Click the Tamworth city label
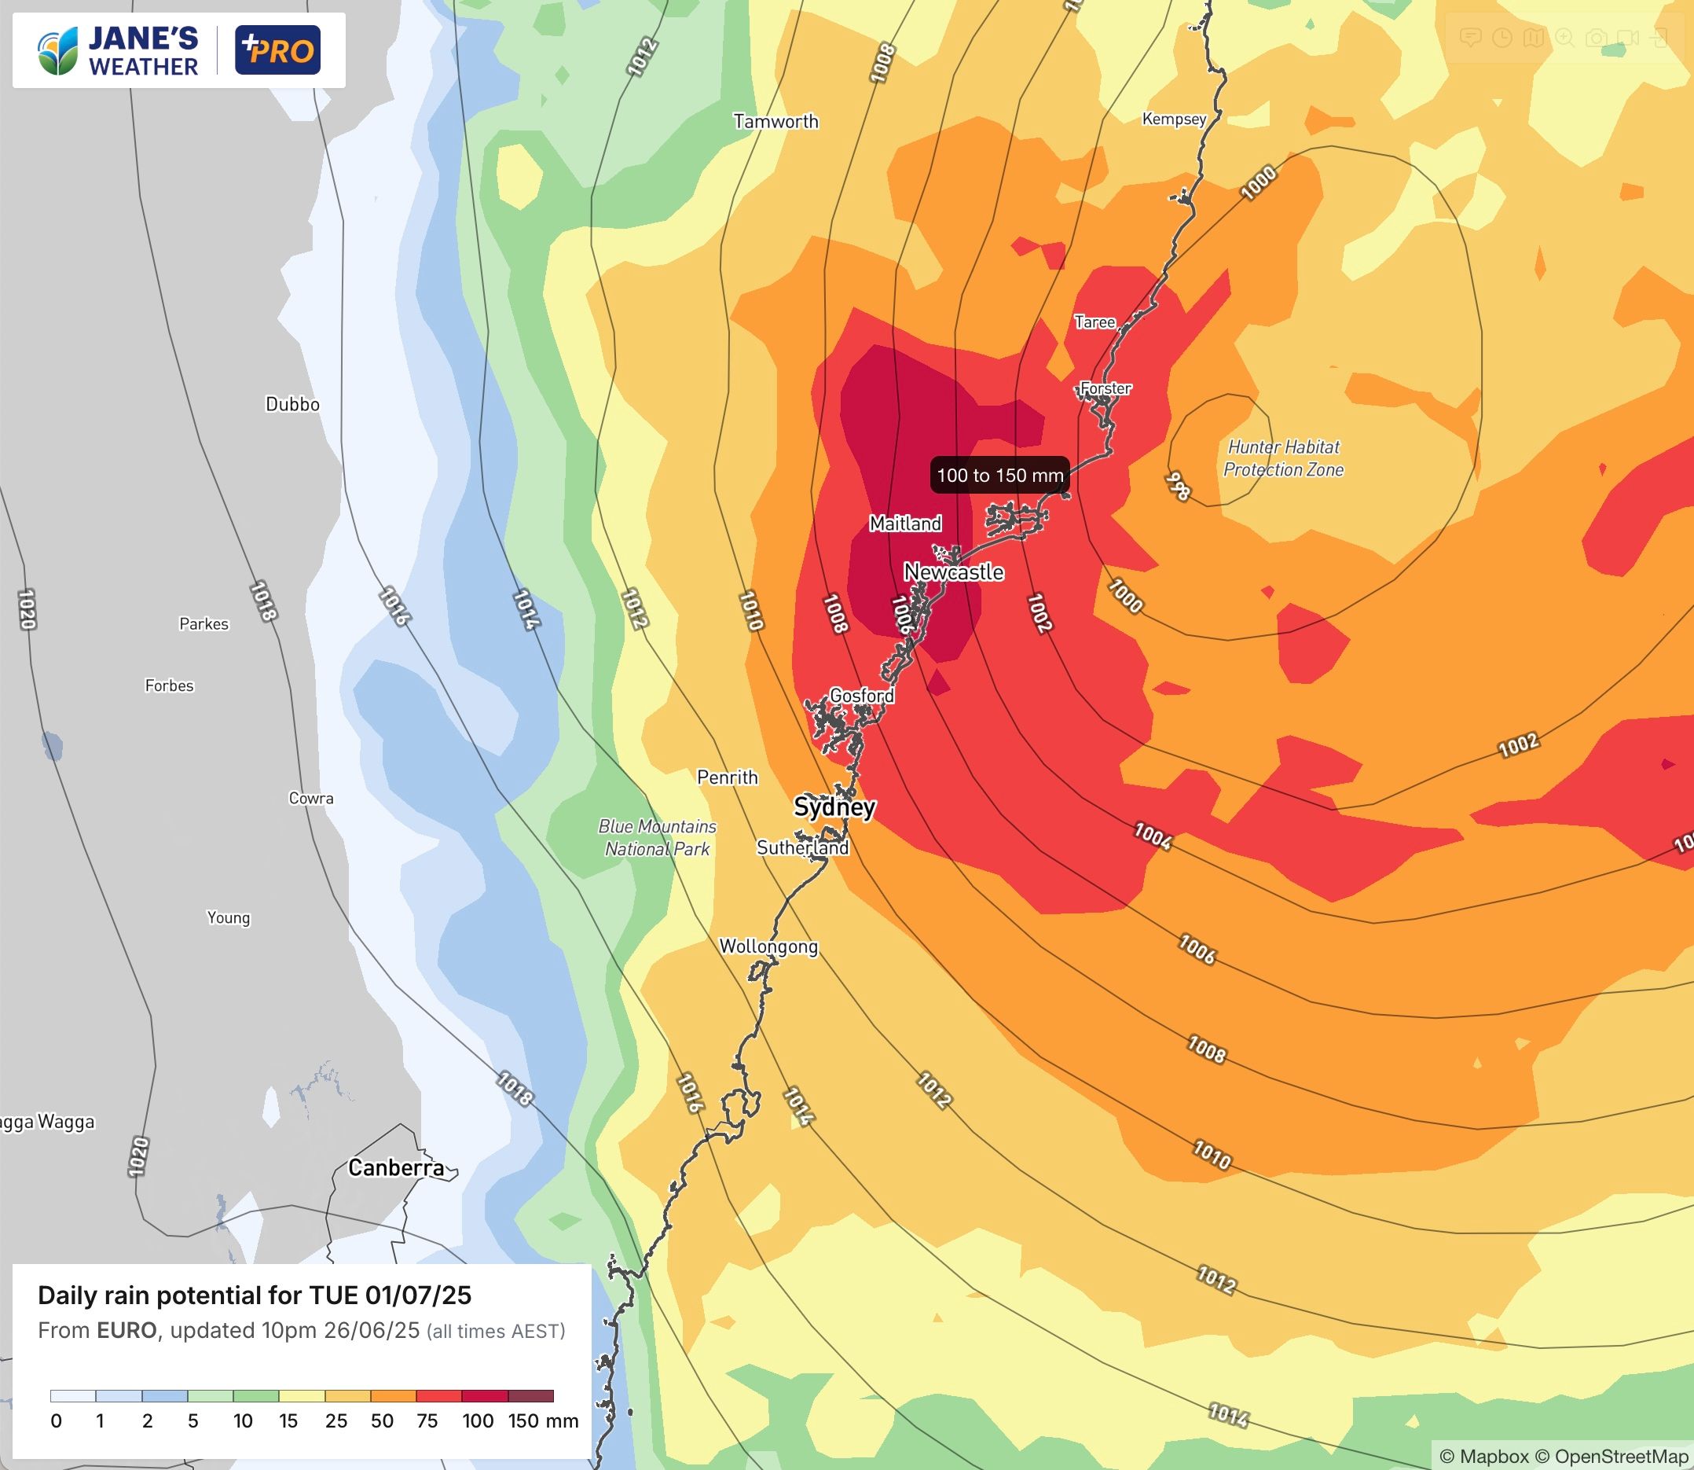point(775,121)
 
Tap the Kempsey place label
point(1173,119)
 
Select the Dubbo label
point(292,404)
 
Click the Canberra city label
point(396,1167)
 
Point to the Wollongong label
point(768,946)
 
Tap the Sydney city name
point(834,807)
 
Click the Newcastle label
point(954,571)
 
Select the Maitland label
point(905,524)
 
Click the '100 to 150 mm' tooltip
point(999,475)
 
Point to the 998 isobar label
point(1178,487)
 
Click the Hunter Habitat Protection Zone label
point(1283,458)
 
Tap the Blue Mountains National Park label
point(657,837)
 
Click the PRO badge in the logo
point(277,50)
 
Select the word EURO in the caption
point(126,1330)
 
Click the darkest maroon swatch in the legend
point(530,1395)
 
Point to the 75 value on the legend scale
point(427,1420)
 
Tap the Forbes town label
point(169,685)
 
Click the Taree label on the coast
point(1094,322)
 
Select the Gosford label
point(861,696)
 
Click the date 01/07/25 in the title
point(418,1295)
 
